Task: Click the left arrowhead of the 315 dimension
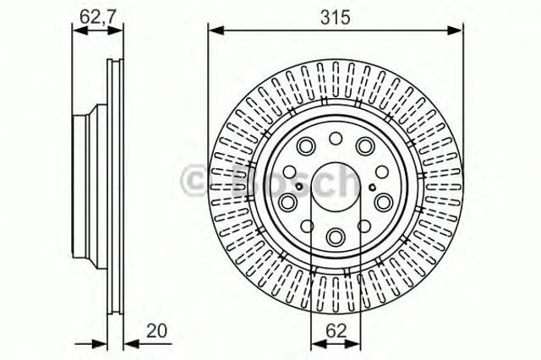pyautogui.click(x=212, y=30)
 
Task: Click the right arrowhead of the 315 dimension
pyautogui.click(x=458, y=30)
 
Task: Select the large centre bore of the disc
pyautogui.click(x=336, y=190)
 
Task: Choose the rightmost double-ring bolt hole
pyautogui.click(x=382, y=201)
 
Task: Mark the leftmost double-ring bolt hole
pyautogui.click(x=288, y=201)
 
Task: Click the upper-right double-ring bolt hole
pyautogui.click(x=364, y=146)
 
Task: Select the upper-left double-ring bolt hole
pyautogui.click(x=307, y=146)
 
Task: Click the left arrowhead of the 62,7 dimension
pyautogui.click(x=78, y=30)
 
